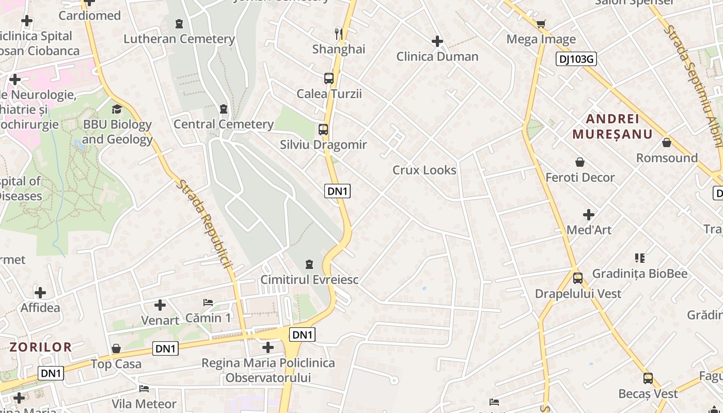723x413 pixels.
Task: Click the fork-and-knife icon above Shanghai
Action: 339,34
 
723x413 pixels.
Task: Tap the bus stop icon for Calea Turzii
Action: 329,78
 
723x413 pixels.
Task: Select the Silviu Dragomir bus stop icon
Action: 323,130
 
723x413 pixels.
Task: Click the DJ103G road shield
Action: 576,59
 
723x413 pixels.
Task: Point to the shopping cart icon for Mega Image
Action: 541,24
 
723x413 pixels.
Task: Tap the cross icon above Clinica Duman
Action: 437,41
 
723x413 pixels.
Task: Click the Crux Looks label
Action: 425,170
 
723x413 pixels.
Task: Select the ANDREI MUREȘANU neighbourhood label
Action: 612,126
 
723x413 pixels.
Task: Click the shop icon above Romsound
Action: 667,142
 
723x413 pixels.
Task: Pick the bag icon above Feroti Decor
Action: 580,162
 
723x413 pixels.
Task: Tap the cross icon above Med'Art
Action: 589,215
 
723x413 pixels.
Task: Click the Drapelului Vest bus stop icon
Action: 578,278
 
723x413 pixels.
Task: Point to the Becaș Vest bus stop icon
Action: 648,378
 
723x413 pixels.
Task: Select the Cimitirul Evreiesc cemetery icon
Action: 309,264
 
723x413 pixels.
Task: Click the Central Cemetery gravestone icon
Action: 224,109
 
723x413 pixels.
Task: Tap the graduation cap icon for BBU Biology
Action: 117,109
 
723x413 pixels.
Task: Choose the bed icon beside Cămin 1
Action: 208,303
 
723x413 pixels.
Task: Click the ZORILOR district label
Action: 40,347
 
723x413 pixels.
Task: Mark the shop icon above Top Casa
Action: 116,348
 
